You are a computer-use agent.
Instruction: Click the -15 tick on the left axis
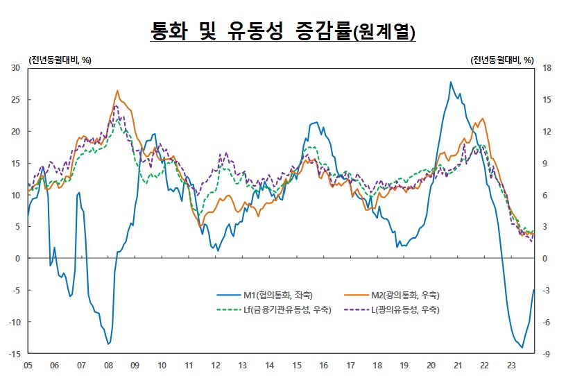pyautogui.click(x=15, y=354)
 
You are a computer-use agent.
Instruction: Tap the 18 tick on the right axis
pyautogui.click(x=547, y=68)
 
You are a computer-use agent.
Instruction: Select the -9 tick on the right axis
pyautogui.click(x=547, y=354)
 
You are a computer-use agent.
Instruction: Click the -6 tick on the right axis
pyautogui.click(x=547, y=322)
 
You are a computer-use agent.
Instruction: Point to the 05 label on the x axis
pyautogui.click(x=28, y=364)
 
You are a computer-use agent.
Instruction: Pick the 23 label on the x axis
pyautogui.click(x=511, y=364)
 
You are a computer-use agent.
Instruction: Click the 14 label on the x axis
pyautogui.click(x=269, y=364)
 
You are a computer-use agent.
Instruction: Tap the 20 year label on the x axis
pyautogui.click(x=431, y=364)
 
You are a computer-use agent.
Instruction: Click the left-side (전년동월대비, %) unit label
pyautogui.click(x=60, y=59)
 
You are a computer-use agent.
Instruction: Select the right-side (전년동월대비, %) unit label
pyautogui.click(x=501, y=59)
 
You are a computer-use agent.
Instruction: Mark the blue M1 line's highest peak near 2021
pyautogui.click(x=451, y=82)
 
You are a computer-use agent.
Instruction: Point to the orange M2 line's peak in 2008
pyautogui.click(x=117, y=91)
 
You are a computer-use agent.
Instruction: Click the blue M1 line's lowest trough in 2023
pyautogui.click(x=522, y=348)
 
